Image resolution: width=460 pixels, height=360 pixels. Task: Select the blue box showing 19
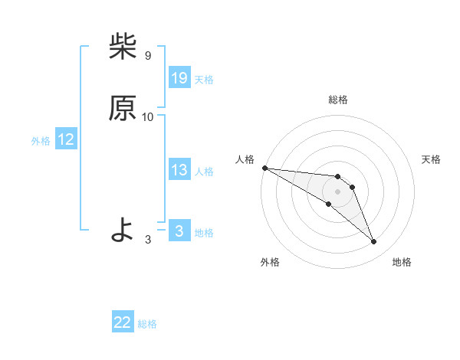coord(179,78)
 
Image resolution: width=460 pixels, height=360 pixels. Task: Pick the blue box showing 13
coord(179,170)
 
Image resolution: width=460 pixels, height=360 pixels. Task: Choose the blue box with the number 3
coord(179,231)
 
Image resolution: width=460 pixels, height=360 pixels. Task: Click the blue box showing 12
coord(66,139)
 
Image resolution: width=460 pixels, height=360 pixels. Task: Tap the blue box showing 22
coord(123,322)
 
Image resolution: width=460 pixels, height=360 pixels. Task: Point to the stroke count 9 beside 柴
coord(147,56)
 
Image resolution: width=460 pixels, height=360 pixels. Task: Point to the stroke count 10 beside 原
coord(148,117)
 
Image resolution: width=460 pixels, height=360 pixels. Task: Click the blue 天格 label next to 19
coord(204,80)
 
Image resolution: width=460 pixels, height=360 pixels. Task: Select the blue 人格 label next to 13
coord(204,172)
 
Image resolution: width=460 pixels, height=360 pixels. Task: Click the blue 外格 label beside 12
coord(41,141)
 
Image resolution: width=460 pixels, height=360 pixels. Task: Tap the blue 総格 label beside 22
coord(147,324)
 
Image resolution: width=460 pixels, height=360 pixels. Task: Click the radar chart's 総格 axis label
coord(338,100)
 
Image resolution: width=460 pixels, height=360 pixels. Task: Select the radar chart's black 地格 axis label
coord(402,263)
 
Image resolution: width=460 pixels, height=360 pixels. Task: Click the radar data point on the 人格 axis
coord(264,168)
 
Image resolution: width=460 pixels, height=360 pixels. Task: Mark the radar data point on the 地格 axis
coord(374,242)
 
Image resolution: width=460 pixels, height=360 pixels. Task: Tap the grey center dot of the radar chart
coord(338,191)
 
